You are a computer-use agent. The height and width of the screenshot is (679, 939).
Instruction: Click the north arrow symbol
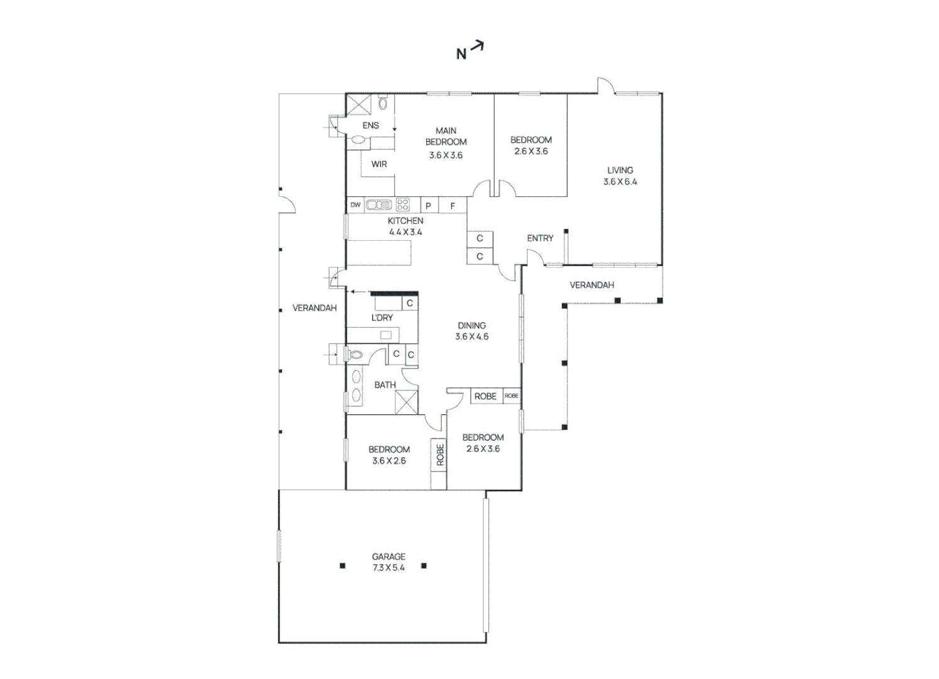tap(477, 46)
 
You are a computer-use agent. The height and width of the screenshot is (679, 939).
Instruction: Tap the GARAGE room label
tap(388, 556)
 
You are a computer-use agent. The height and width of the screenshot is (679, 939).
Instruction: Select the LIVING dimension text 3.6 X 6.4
tap(620, 182)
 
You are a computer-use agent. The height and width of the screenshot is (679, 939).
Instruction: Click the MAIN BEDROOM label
tap(446, 136)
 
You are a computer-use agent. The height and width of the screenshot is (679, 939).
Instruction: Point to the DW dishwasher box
tap(356, 205)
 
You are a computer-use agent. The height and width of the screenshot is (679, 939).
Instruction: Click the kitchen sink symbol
tap(378, 205)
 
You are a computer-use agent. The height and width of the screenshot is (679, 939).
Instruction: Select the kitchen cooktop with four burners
tap(403, 205)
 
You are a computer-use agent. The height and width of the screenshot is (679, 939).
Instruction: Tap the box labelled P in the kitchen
tap(428, 206)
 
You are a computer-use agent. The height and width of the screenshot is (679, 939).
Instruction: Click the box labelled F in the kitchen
tap(453, 206)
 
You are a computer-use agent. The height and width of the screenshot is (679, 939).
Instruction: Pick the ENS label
tap(370, 126)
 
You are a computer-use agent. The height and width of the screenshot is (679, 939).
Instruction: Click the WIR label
tap(379, 164)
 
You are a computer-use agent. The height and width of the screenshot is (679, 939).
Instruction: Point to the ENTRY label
tap(540, 238)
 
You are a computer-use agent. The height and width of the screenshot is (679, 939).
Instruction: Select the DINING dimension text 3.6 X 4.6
tap(471, 337)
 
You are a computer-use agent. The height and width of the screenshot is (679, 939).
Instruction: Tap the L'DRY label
tap(382, 317)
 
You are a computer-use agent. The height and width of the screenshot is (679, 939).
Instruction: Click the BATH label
tap(385, 385)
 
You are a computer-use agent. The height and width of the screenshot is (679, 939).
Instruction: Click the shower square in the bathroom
tap(407, 402)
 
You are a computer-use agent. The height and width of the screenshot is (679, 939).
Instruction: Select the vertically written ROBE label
tap(439, 455)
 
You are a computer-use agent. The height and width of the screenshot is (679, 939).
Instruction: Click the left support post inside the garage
tap(343, 566)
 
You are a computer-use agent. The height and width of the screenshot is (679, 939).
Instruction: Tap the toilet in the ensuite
tap(382, 102)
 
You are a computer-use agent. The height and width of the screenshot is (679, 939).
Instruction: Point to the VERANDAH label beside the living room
tap(591, 285)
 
